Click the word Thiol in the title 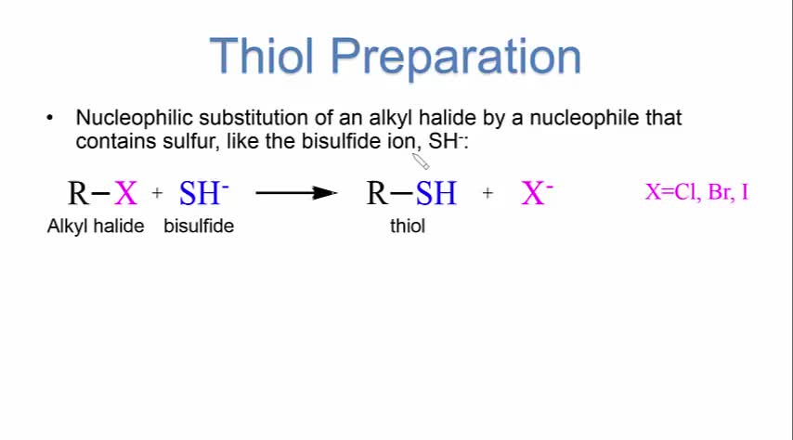point(262,56)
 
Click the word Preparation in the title point(456,58)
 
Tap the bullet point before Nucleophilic point(49,118)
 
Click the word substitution point(253,118)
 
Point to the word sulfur point(191,141)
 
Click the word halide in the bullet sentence point(447,118)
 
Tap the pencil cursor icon point(421,162)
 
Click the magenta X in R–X point(125,193)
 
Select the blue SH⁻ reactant point(203,193)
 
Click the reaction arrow point(296,193)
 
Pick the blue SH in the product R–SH point(435,193)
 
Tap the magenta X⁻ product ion point(537,193)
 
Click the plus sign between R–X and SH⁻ point(157,193)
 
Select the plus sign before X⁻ point(487,193)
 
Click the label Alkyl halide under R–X point(96,226)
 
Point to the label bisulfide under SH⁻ point(199,226)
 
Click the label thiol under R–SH point(408,226)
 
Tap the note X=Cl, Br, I point(696,192)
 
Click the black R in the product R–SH point(377,193)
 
